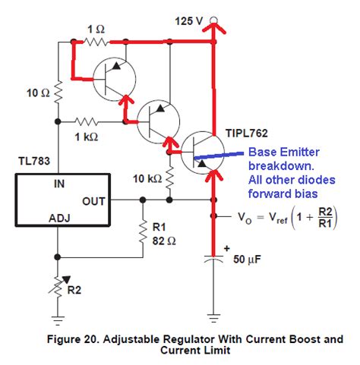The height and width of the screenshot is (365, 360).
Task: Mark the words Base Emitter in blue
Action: pos(281,152)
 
